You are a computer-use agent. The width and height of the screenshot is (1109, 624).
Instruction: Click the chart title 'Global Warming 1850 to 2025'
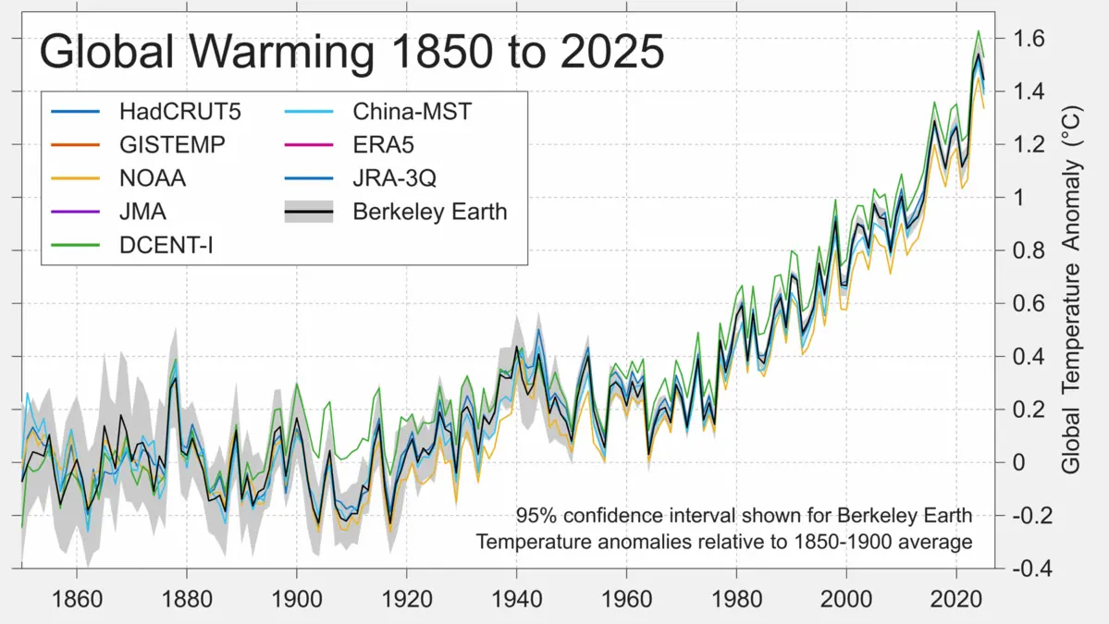coord(351,53)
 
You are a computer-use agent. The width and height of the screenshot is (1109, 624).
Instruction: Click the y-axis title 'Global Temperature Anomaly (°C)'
coord(1071,302)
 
